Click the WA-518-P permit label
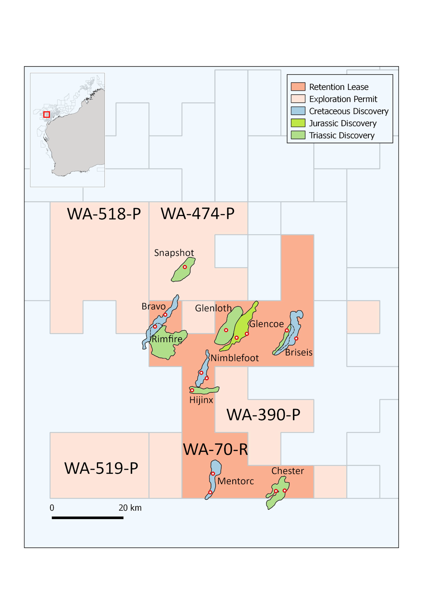coord(104,214)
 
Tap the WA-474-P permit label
coord(197,214)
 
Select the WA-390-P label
coord(263,415)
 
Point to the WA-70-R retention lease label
coord(215,449)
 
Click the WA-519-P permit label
coord(101,468)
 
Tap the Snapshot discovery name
coord(174,253)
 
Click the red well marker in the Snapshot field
coord(185,267)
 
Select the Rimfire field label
coord(167,339)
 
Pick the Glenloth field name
coord(213,308)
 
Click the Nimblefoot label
coord(235,358)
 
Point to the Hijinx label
coord(201,400)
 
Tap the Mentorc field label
coord(236,481)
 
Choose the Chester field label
coord(288,471)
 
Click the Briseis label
coord(299,352)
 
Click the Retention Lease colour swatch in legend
coord(298,87)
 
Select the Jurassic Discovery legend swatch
coord(298,123)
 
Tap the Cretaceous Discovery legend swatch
coord(298,111)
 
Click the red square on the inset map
coord(47,115)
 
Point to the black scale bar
coord(87,518)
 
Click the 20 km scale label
coord(130,508)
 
